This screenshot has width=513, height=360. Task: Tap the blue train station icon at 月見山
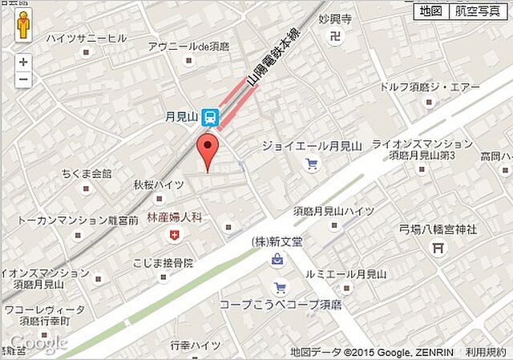tap(210, 118)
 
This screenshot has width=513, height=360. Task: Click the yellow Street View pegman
tap(23, 26)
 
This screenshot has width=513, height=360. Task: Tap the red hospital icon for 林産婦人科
tap(173, 234)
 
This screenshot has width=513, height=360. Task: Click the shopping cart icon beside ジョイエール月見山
tap(312, 165)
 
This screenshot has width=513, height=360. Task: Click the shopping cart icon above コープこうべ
tap(280, 288)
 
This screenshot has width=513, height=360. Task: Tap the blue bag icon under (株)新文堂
tap(277, 260)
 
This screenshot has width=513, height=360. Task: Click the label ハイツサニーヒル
tap(86, 38)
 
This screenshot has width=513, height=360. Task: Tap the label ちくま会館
tap(87, 173)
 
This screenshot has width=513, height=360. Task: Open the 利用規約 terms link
tap(487, 352)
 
